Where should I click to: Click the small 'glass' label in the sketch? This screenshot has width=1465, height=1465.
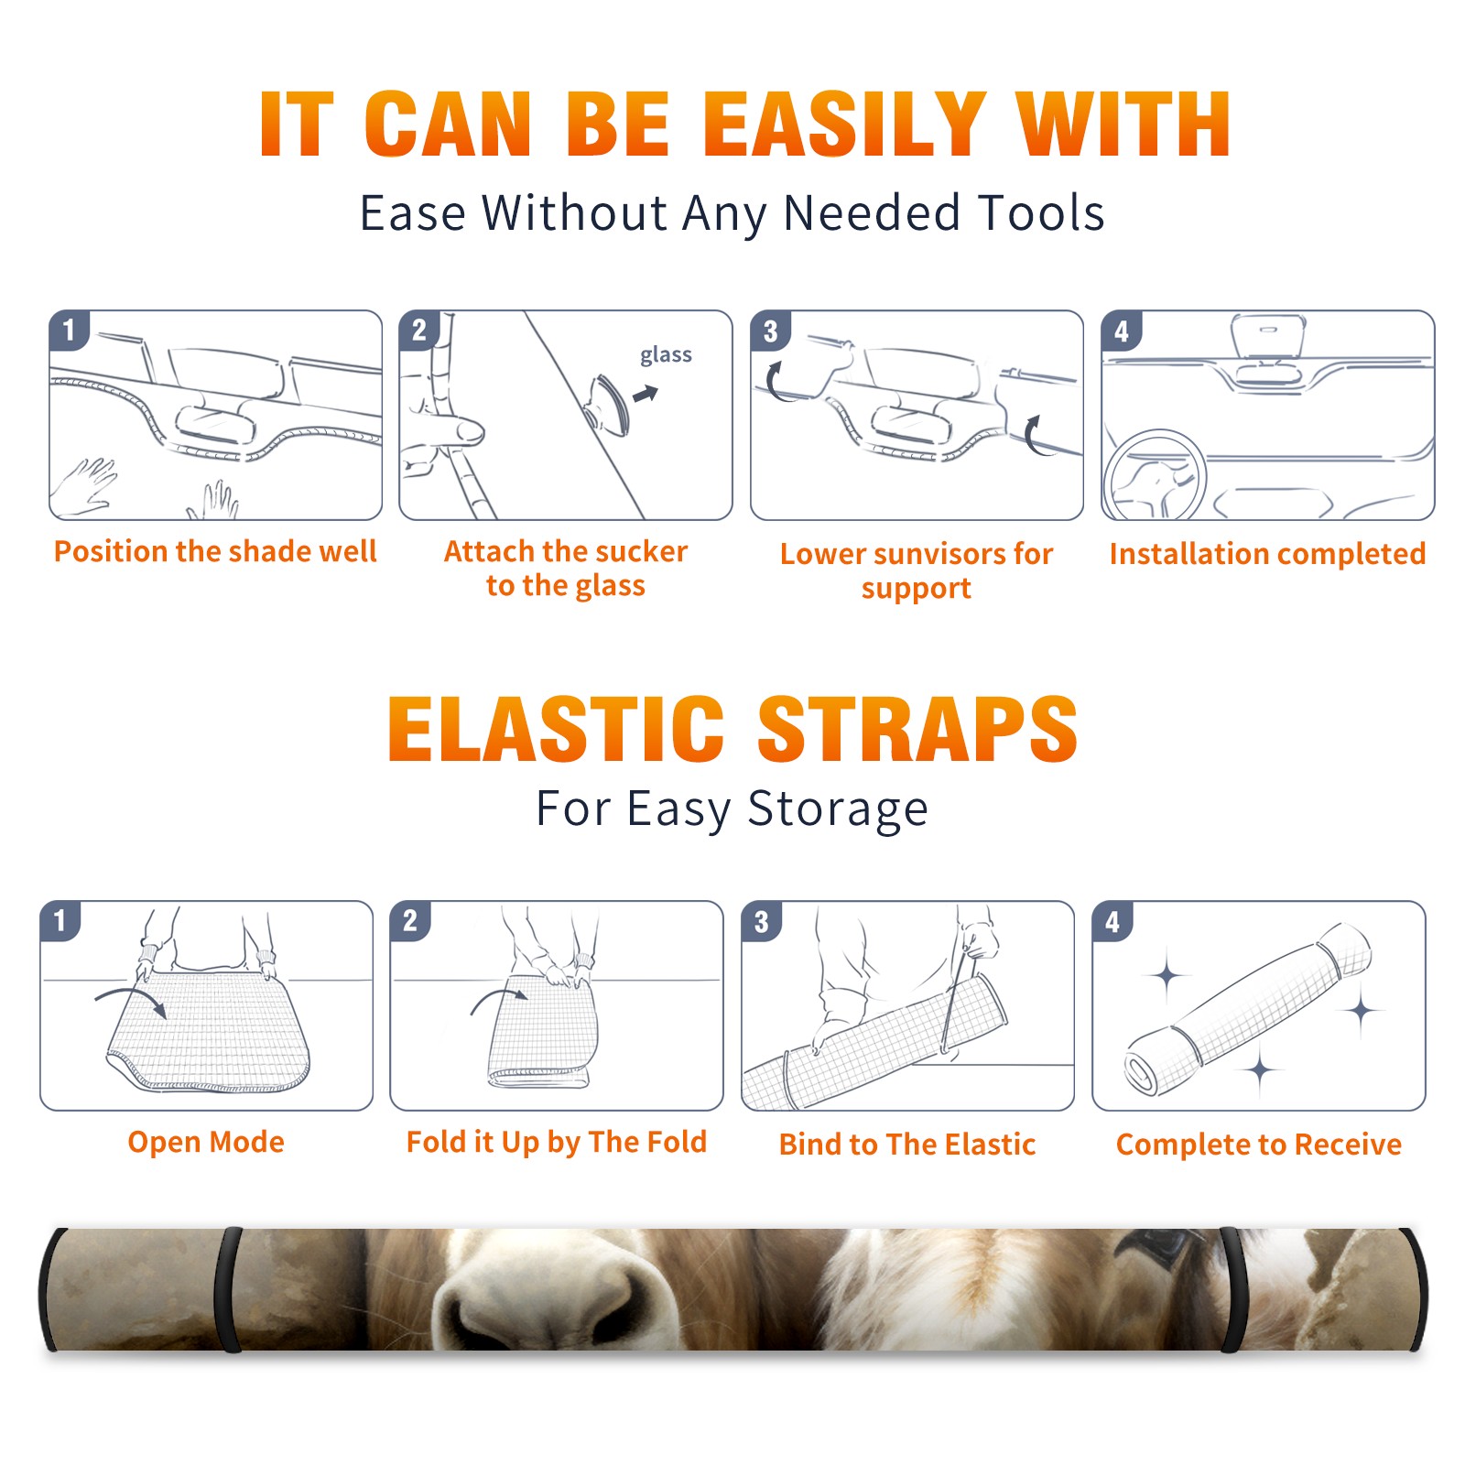tap(666, 355)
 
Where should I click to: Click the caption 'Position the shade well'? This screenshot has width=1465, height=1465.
tap(215, 551)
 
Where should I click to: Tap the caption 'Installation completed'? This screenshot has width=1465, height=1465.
tap(1267, 553)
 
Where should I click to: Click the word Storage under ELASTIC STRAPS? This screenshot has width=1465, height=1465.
tap(838, 809)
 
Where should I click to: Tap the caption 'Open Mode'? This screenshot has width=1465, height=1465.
tap(206, 1142)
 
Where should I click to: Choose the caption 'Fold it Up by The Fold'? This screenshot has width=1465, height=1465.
tap(557, 1143)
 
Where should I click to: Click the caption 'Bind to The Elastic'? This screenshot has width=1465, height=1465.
tap(907, 1145)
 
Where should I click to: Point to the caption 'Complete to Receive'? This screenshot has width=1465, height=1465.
tap(1259, 1145)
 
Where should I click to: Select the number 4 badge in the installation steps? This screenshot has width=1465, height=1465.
tap(1122, 331)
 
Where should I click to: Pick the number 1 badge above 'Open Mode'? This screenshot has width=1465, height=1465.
tap(60, 920)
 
